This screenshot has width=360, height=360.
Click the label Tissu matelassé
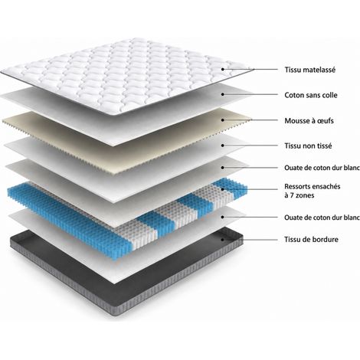[x=310, y=70]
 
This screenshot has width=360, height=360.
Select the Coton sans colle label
[x=311, y=95]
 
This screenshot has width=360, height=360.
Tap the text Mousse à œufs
[x=309, y=120]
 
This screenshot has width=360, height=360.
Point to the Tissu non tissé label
[x=308, y=146]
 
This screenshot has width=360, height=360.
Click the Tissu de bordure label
[x=311, y=240]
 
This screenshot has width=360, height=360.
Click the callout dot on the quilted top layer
[x=223, y=69]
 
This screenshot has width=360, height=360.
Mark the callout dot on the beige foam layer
[x=223, y=119]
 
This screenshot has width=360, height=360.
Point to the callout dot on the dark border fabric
[x=223, y=240]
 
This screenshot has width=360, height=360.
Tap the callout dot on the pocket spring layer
[x=223, y=189]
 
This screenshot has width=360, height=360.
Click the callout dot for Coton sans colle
[x=223, y=94]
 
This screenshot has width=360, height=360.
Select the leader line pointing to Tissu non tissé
[x=250, y=146]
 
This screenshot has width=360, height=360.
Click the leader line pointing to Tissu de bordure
[x=250, y=240]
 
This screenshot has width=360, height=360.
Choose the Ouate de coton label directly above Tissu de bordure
[x=322, y=218]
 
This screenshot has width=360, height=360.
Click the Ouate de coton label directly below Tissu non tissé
[x=322, y=168]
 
